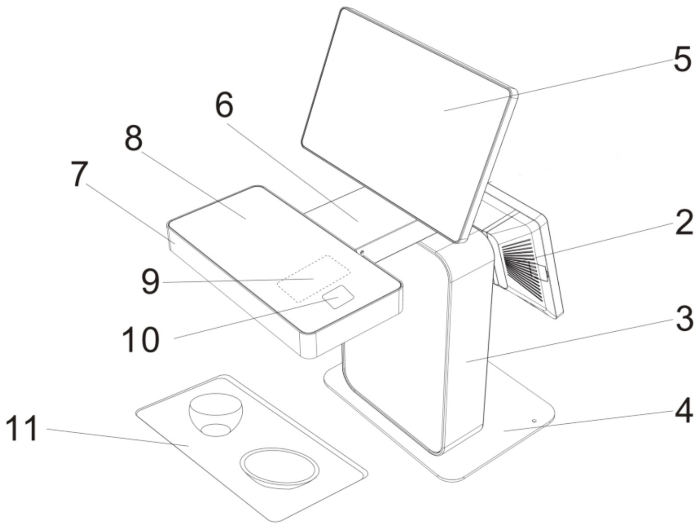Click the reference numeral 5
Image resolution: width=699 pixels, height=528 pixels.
coord(682,59)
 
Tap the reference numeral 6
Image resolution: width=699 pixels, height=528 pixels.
coord(224,105)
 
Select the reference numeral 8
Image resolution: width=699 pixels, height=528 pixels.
coord(134,138)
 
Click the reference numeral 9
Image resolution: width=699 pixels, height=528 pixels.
coord(151,282)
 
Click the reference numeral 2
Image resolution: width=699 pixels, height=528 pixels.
coord(684,223)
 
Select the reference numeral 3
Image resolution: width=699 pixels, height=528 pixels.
coord(685,319)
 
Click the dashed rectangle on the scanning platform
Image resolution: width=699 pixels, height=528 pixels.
coord(314,278)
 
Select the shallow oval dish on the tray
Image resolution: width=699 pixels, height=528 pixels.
coord(280,467)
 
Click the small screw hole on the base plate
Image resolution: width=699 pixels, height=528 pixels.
coord(534,421)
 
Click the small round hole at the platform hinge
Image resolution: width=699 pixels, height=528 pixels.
coord(362,252)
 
